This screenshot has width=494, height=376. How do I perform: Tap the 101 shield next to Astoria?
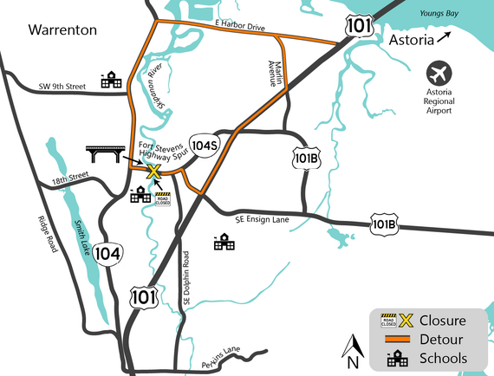point(358,25)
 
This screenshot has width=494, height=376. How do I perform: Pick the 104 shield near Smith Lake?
point(109,253)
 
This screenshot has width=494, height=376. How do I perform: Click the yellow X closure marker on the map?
point(153,172)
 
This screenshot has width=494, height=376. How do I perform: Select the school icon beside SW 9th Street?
point(110,81)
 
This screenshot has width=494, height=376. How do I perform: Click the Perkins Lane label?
point(222,351)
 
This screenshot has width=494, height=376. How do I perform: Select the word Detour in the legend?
point(444,339)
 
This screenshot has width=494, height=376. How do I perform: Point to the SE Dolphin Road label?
point(186,279)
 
